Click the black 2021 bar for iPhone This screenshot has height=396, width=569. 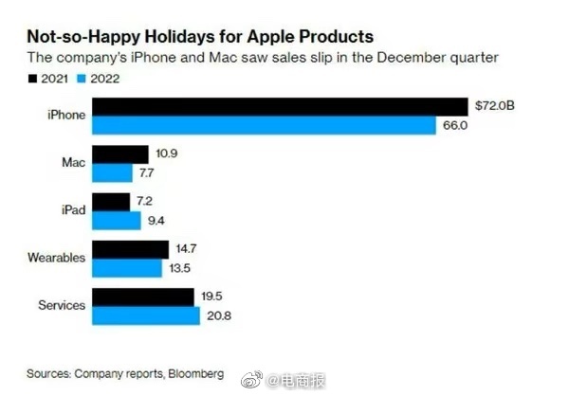tap(281, 106)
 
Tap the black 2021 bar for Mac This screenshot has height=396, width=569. tap(120, 153)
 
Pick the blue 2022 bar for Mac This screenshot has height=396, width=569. tap(113, 172)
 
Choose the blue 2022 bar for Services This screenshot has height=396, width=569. tap(147, 315)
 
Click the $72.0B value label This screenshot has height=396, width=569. tap(493, 106)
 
